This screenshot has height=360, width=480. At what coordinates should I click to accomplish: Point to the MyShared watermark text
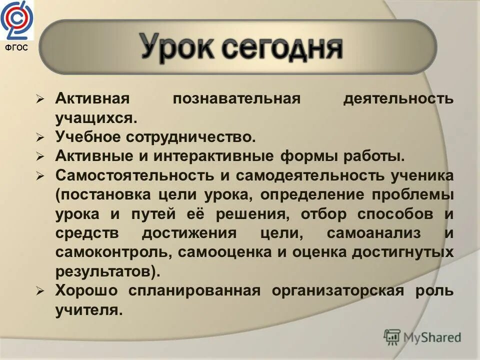tap(433, 337)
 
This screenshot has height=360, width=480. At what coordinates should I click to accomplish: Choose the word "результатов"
tap(105, 272)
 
